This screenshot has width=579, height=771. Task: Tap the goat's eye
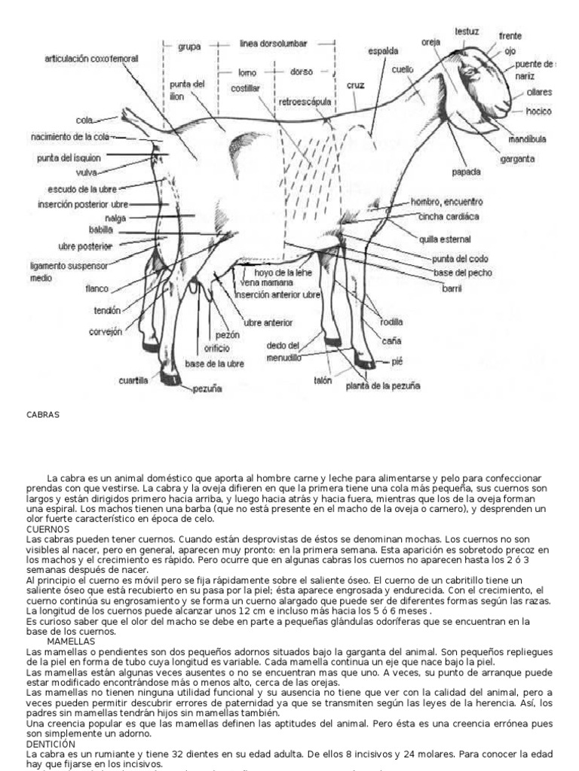point(470,72)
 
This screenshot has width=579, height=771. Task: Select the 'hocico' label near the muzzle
point(539,111)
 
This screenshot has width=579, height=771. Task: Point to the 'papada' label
point(467,171)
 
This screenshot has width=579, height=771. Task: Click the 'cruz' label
point(356,85)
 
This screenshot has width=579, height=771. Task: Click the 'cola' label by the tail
point(84,119)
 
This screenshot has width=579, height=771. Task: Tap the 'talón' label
point(323,381)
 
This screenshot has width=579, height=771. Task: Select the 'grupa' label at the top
point(188,45)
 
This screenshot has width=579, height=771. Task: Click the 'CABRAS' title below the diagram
point(42,414)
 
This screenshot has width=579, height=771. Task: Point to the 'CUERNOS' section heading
point(47,529)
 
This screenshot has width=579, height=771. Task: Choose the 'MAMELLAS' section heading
point(69,641)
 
